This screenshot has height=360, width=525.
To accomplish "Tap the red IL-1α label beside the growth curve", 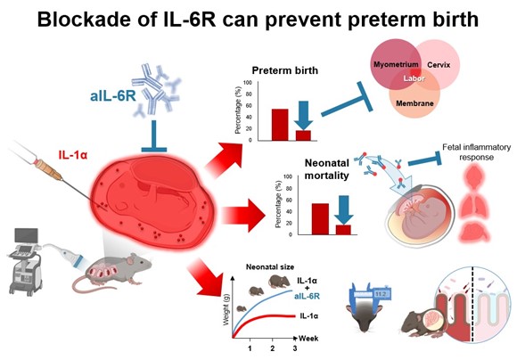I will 310,315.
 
